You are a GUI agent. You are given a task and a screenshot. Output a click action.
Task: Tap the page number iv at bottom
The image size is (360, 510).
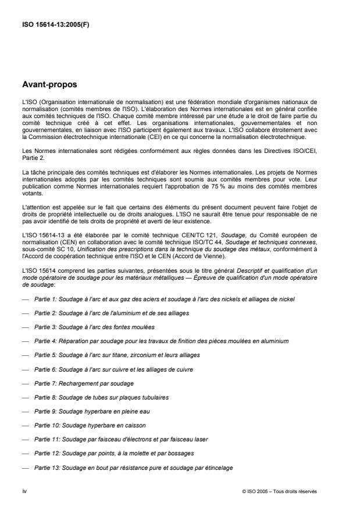(24, 491)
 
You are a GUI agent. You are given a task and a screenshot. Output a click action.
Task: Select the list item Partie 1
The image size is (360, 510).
(165, 299)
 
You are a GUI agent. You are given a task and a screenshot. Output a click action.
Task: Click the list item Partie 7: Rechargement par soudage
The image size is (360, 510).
(84, 384)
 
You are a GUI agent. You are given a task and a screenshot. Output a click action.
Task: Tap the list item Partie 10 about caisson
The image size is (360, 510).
(83, 426)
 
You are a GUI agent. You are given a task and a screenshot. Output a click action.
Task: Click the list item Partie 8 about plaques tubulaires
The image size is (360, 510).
(94, 398)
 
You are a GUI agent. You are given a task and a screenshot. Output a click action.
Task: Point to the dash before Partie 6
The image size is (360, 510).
(24, 370)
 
